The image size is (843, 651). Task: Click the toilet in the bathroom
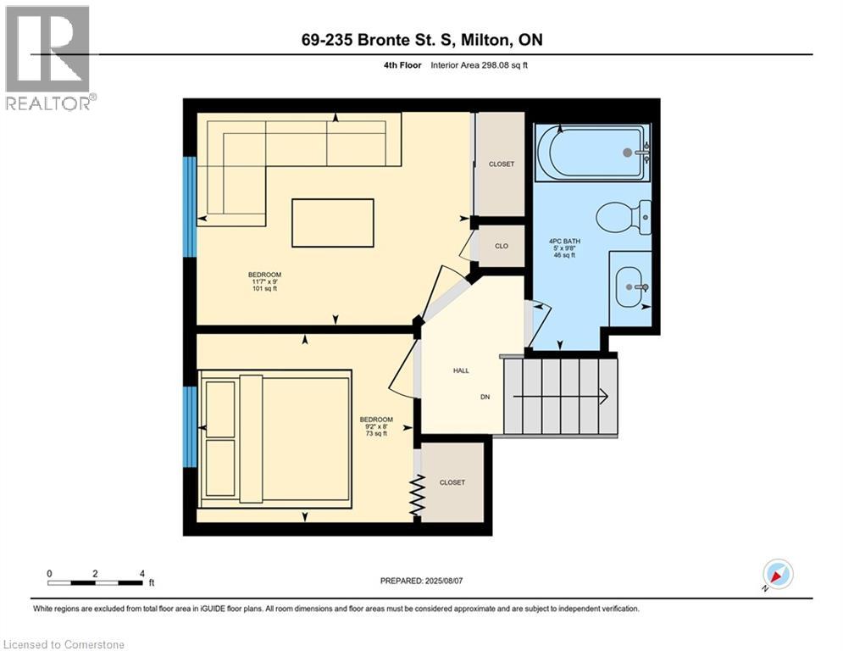click(x=624, y=217)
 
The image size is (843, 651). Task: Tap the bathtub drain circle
click(x=628, y=153)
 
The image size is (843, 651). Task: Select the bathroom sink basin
click(x=632, y=287)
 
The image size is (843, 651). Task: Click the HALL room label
click(x=461, y=370)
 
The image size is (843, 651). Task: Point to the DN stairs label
click(x=485, y=397)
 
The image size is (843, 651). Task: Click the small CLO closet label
click(x=502, y=246)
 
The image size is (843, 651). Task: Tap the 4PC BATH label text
click(x=564, y=242)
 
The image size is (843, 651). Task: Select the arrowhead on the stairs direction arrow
click(x=604, y=397)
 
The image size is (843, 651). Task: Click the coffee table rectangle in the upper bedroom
click(x=333, y=223)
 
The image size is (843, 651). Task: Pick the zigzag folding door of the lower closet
click(x=417, y=496)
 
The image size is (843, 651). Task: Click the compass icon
click(x=778, y=574)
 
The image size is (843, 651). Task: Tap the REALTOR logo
click(x=48, y=58)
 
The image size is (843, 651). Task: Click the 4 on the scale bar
click(x=142, y=574)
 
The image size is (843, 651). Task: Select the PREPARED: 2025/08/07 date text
click(x=422, y=581)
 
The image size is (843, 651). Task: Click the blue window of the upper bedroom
click(x=190, y=207)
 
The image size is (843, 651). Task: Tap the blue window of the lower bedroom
click(x=190, y=426)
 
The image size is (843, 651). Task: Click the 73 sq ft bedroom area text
click(x=376, y=434)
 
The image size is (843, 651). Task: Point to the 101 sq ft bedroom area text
click(x=264, y=289)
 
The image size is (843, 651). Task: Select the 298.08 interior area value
click(x=494, y=65)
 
